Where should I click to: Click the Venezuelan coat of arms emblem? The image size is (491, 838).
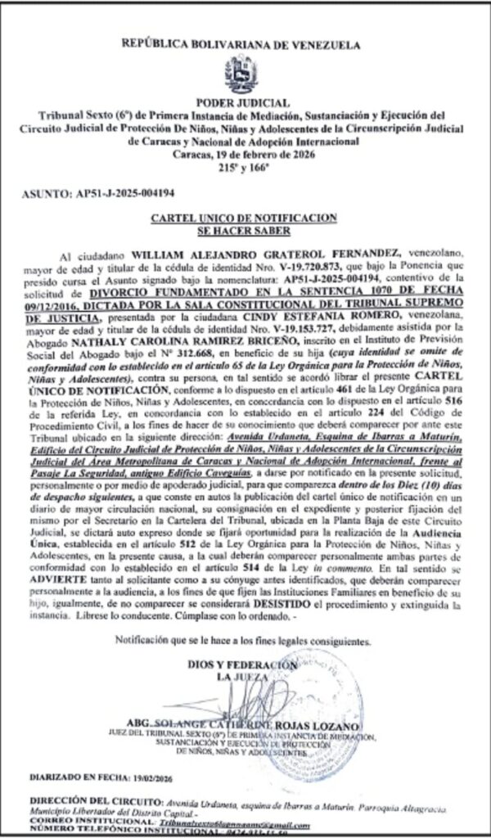pyautogui.click(x=245, y=72)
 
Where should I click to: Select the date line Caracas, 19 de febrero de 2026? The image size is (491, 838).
pyautogui.click(x=245, y=155)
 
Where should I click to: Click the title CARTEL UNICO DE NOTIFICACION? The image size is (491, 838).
pyautogui.click(x=245, y=219)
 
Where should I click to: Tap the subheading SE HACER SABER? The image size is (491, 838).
pyautogui.click(x=245, y=230)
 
